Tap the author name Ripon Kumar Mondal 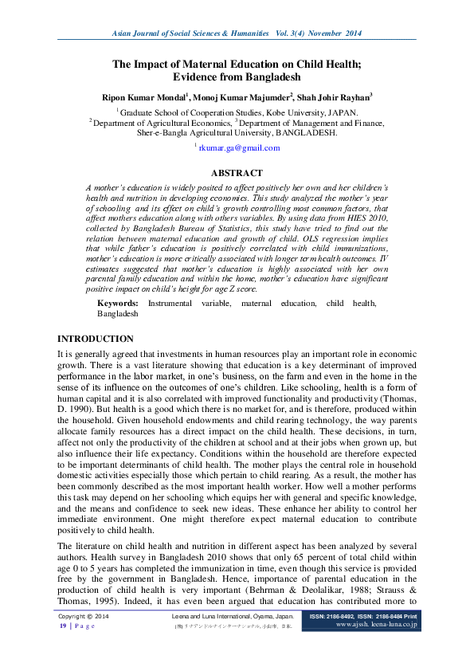pos(143,97)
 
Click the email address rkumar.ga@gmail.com pos(238,147)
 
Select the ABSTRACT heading pos(237,173)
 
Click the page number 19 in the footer pos(63,626)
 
